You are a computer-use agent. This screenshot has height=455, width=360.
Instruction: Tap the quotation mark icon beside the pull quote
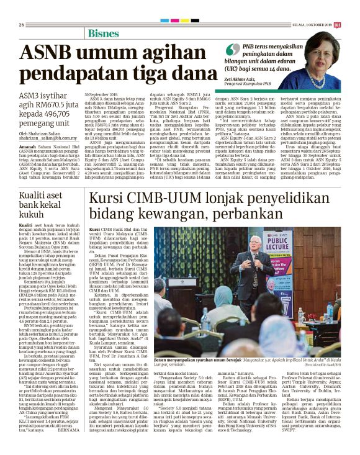click(x=232, y=48)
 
